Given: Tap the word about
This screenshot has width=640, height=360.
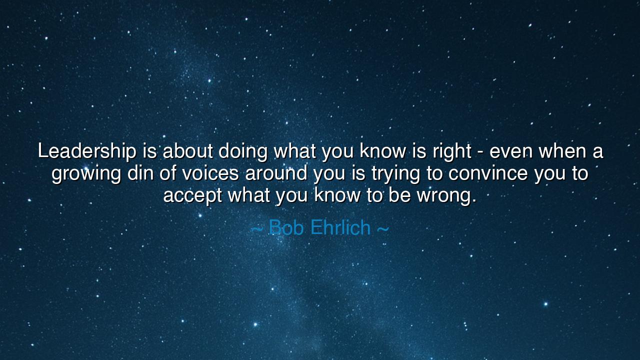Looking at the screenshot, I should coord(187,151).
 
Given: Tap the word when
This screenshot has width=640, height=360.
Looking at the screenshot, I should coord(561,151).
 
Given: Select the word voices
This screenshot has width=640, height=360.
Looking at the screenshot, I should coord(210,173).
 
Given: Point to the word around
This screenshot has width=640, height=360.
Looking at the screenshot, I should coord(276,173).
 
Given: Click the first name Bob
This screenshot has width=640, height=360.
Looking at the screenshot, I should coord(286,228).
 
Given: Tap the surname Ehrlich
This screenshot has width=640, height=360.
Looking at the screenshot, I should coord(340,228).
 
